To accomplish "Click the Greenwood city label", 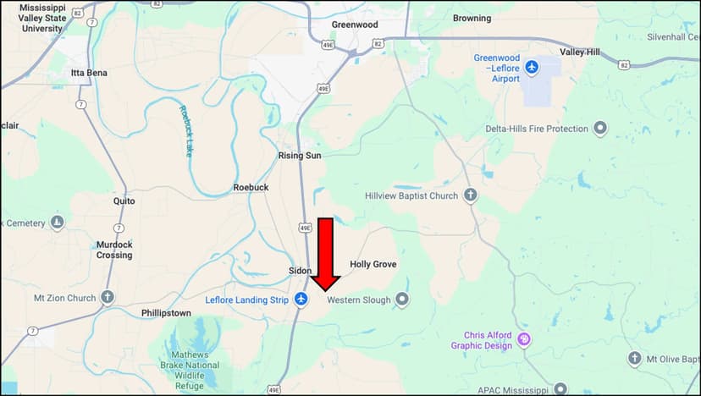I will click(x=355, y=25).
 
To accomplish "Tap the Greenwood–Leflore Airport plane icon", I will click(x=532, y=66).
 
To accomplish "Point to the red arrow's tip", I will click(x=325, y=290).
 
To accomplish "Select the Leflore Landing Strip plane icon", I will click(x=301, y=300).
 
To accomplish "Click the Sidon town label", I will click(x=300, y=270).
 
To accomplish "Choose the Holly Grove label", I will click(x=373, y=265).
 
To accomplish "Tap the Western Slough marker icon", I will click(x=402, y=300).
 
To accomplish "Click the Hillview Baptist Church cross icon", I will click(x=470, y=195).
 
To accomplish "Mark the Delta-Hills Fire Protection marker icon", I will click(x=600, y=129).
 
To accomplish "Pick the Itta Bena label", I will click(x=89, y=73).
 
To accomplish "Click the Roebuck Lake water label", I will click(x=185, y=131).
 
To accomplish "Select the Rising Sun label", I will click(x=300, y=156).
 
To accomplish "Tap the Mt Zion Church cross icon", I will click(x=108, y=297).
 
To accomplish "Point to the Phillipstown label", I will click(x=166, y=313).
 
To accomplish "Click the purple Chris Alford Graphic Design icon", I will click(x=524, y=340).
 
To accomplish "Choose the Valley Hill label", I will click(x=580, y=52).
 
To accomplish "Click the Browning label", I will click(x=472, y=18).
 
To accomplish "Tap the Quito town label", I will click(x=124, y=201).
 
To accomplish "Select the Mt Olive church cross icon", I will click(x=634, y=359).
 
